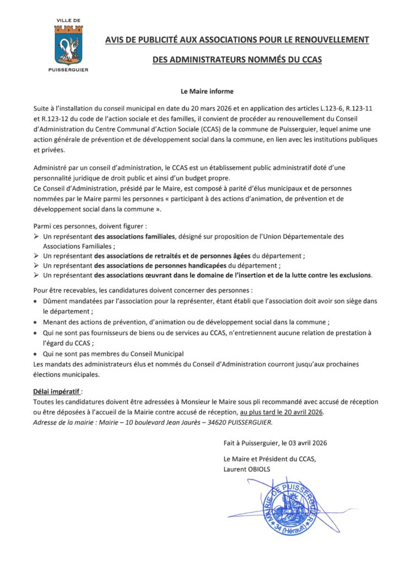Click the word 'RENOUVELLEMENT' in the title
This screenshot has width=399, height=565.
(x=328, y=40)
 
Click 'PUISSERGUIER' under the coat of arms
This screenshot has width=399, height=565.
(x=68, y=70)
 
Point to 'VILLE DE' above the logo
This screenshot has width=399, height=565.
(x=68, y=20)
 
